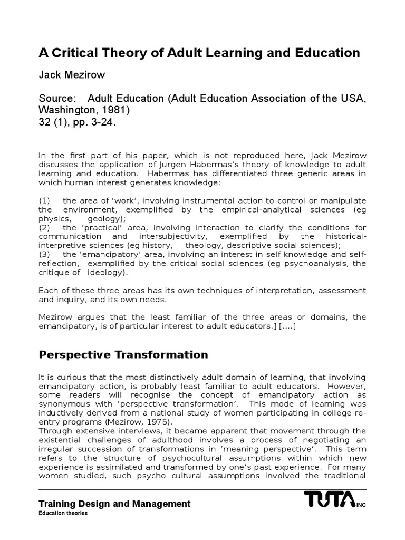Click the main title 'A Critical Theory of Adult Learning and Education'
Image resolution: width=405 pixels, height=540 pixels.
point(199,53)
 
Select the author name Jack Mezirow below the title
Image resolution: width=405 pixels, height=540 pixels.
point(72,75)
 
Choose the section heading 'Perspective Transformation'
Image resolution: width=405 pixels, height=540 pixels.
point(123,354)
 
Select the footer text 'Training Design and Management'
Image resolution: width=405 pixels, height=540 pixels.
point(114,504)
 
